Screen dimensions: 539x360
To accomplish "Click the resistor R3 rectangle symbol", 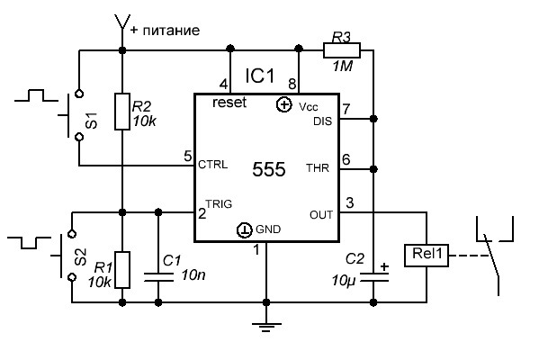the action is coord(342,50).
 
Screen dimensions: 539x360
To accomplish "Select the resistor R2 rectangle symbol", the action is coord(122,112).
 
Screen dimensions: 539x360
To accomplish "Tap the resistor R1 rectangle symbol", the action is coord(122,270).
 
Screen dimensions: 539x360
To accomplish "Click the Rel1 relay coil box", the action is coord(427,255).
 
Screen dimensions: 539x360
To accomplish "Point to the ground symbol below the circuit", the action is coord(266,327).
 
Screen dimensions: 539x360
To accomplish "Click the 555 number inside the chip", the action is coord(269,169).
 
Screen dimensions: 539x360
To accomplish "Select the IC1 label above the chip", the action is coord(260,76).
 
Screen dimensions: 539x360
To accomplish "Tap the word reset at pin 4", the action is coord(229,102).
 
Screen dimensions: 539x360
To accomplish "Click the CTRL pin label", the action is coord(212,165).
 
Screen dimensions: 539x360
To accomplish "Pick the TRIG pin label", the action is coord(219,204).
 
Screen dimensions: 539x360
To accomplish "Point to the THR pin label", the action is coord(318,168).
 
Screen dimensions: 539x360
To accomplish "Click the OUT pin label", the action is coord(321,215).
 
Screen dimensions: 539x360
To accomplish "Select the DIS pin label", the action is coord(323,121).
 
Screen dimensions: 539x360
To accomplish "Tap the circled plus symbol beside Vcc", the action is coord(284,104).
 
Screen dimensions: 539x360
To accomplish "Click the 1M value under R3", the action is coord(342,66).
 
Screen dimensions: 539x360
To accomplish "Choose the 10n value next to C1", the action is coord(193,274).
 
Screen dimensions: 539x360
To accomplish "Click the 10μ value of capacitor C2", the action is coord(343,281).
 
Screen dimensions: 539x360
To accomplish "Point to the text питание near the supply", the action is coord(171,31).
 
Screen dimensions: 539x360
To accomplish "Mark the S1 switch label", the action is coord(92,121).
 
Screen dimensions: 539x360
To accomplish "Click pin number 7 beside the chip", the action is coord(346,109).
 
